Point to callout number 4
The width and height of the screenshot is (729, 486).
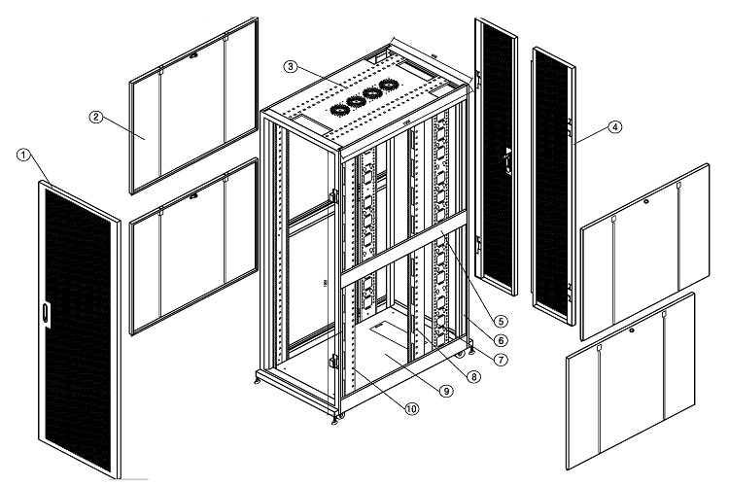click(x=615, y=126)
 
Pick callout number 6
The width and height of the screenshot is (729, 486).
click(x=500, y=340)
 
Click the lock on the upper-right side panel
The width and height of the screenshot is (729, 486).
click(x=646, y=202)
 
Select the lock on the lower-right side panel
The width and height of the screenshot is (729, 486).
click(x=632, y=330)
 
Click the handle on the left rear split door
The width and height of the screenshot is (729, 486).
click(x=505, y=157)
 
